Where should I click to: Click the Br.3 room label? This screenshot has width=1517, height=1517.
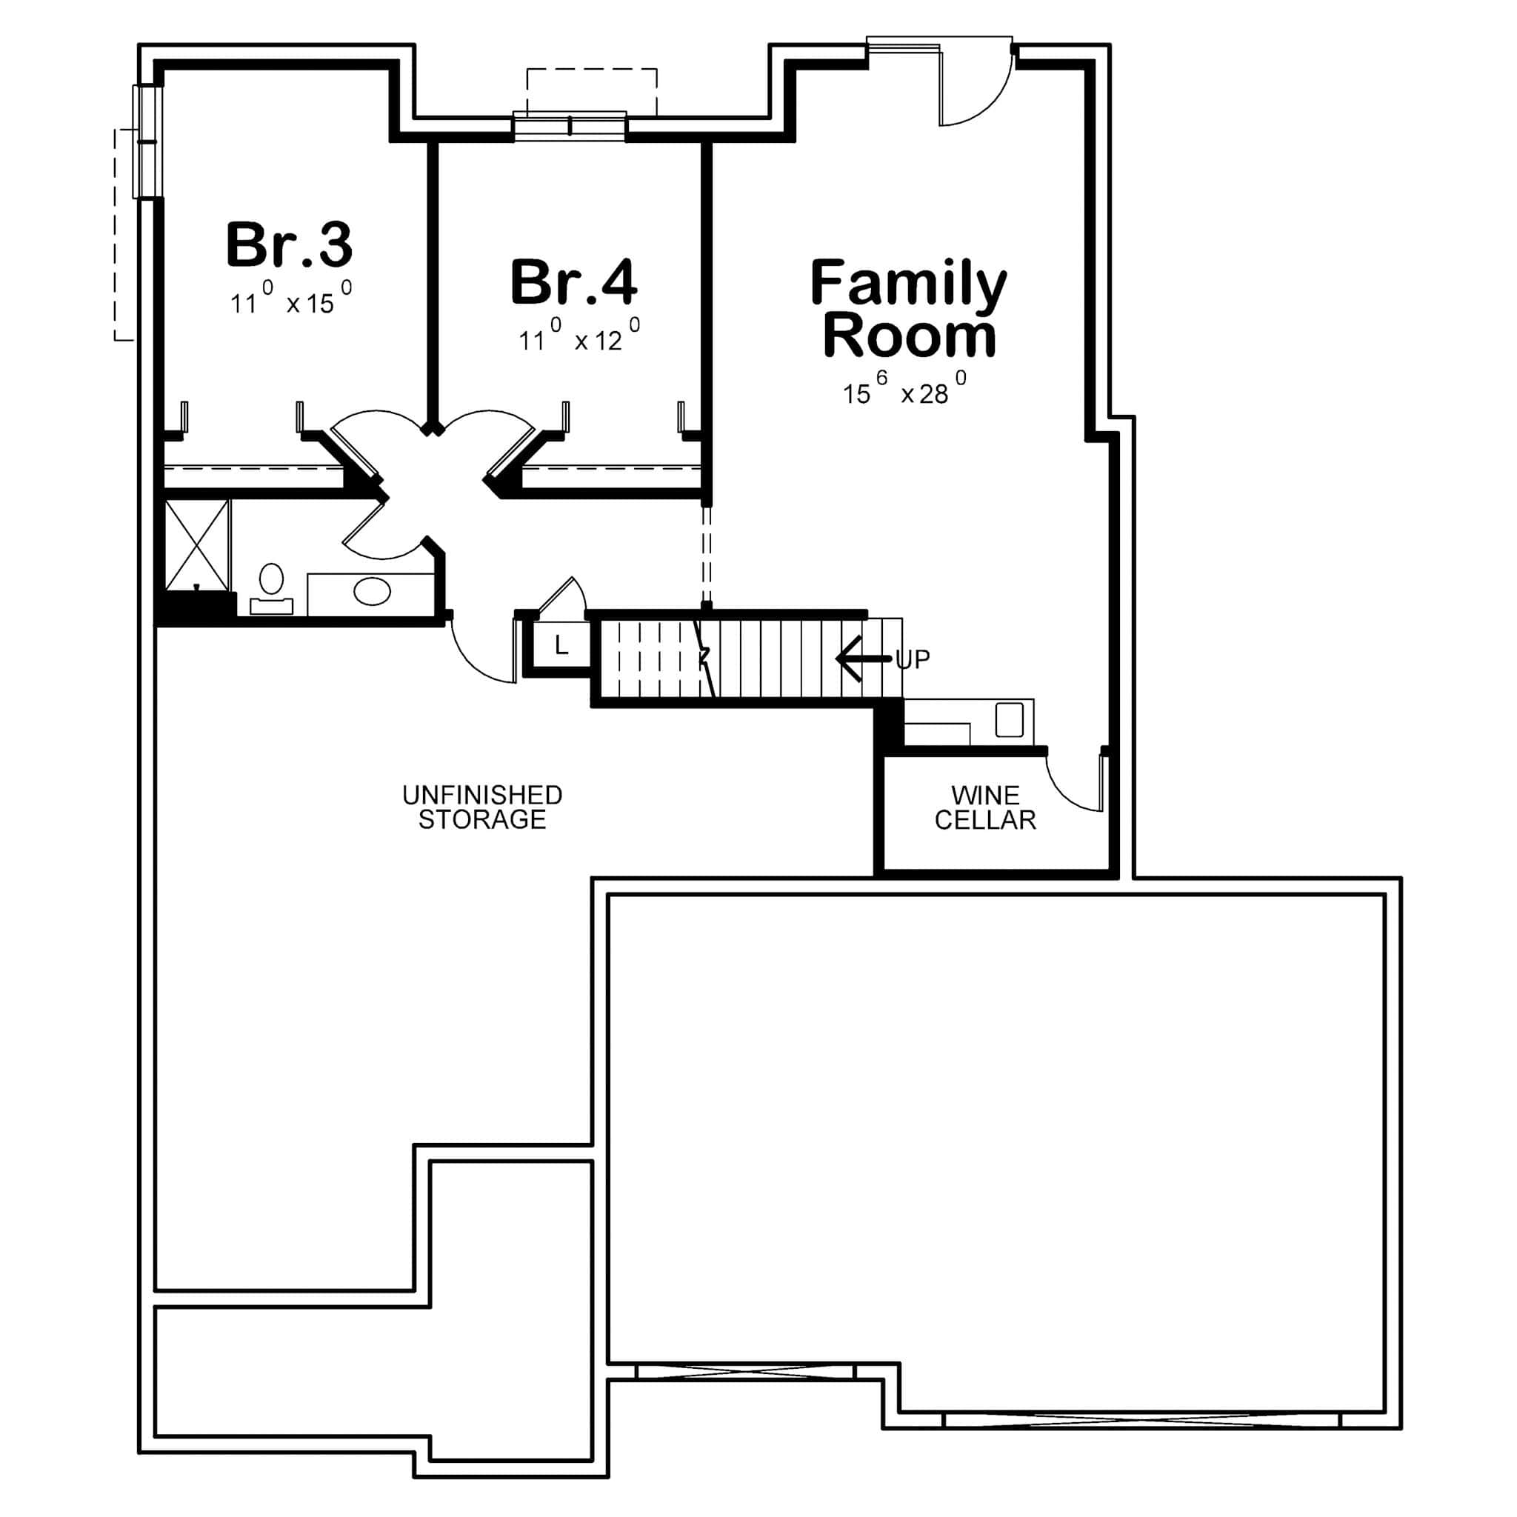[289, 244]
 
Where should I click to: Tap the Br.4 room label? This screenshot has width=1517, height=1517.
[573, 282]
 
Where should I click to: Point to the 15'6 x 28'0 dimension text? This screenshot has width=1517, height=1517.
[904, 390]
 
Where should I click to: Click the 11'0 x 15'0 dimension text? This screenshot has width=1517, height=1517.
[290, 300]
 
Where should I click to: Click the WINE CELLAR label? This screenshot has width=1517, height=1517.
[984, 807]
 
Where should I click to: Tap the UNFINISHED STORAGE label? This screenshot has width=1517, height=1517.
[482, 807]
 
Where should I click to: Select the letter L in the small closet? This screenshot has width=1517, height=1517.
[561, 645]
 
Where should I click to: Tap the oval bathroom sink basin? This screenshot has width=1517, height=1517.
[371, 591]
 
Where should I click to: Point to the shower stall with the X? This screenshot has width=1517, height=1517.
[197, 545]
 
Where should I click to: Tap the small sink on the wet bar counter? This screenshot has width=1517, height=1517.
[1009, 720]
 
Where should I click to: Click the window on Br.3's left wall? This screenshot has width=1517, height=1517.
[147, 141]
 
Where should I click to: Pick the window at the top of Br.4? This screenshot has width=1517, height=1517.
[570, 126]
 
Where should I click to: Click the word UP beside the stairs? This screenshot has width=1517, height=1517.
[913, 659]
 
